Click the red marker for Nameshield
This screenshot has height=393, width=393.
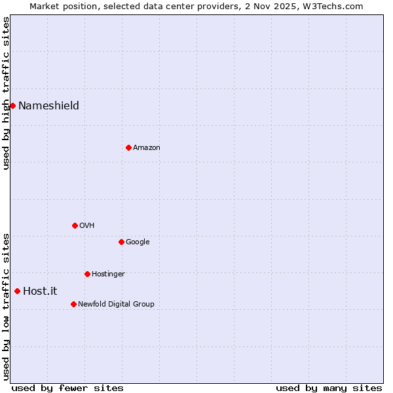(x=12, y=105)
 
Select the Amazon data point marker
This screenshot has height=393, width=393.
(x=128, y=147)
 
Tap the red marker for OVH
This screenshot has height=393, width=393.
(x=75, y=225)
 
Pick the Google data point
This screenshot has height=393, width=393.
(x=121, y=242)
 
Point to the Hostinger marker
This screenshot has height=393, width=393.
(x=87, y=274)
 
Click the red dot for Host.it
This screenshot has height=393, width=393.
(x=17, y=291)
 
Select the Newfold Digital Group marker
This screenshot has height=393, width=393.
(x=73, y=304)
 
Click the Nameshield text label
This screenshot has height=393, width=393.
(x=48, y=105)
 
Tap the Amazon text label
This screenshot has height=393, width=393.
(x=147, y=147)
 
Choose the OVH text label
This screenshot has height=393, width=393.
(x=87, y=225)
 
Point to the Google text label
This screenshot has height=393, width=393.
(x=138, y=242)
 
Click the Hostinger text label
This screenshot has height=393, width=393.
(x=108, y=274)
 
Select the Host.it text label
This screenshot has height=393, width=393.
(x=40, y=291)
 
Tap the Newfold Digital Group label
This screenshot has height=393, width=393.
(x=116, y=304)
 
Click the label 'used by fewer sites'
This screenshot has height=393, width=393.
(x=67, y=388)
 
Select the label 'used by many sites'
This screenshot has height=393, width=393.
(x=329, y=388)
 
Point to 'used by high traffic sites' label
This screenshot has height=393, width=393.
(x=6, y=92)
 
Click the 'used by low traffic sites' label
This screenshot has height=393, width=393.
(x=6, y=307)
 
